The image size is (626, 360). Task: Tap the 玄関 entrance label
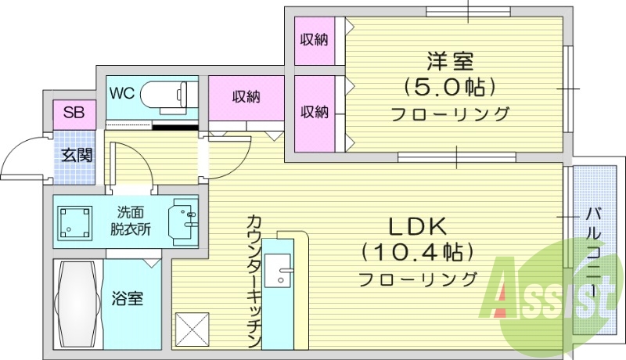(77, 154)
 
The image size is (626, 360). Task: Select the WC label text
(122, 93)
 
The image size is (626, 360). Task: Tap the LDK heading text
(418, 227)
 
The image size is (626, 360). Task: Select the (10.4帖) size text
(418, 253)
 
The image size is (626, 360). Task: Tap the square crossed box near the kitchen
(192, 329)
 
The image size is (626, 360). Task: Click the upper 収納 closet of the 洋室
(315, 39)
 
